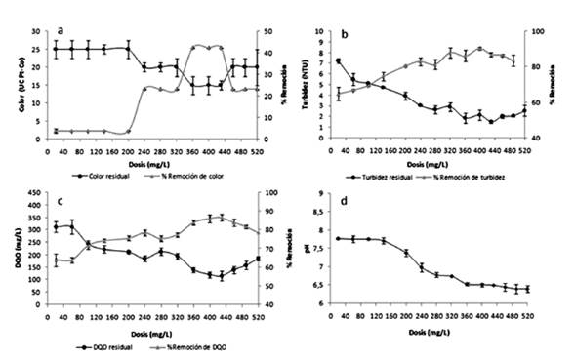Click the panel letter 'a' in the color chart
click(61, 30)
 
